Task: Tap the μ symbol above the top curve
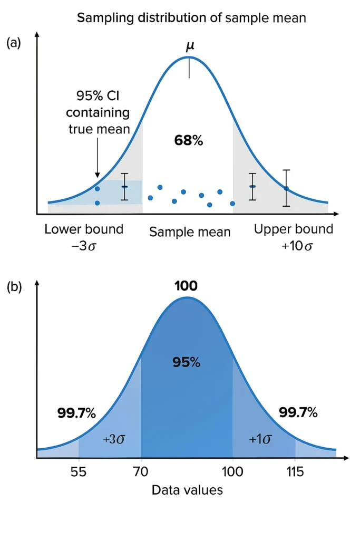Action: (190, 46)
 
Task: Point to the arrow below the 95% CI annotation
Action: (98, 158)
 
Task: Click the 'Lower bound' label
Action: (84, 229)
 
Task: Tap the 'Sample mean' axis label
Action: (190, 232)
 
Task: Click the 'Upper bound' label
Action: (294, 229)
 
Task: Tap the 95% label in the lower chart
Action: (186, 362)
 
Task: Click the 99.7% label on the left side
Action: (76, 413)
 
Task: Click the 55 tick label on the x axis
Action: (79, 471)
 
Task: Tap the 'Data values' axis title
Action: (187, 490)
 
